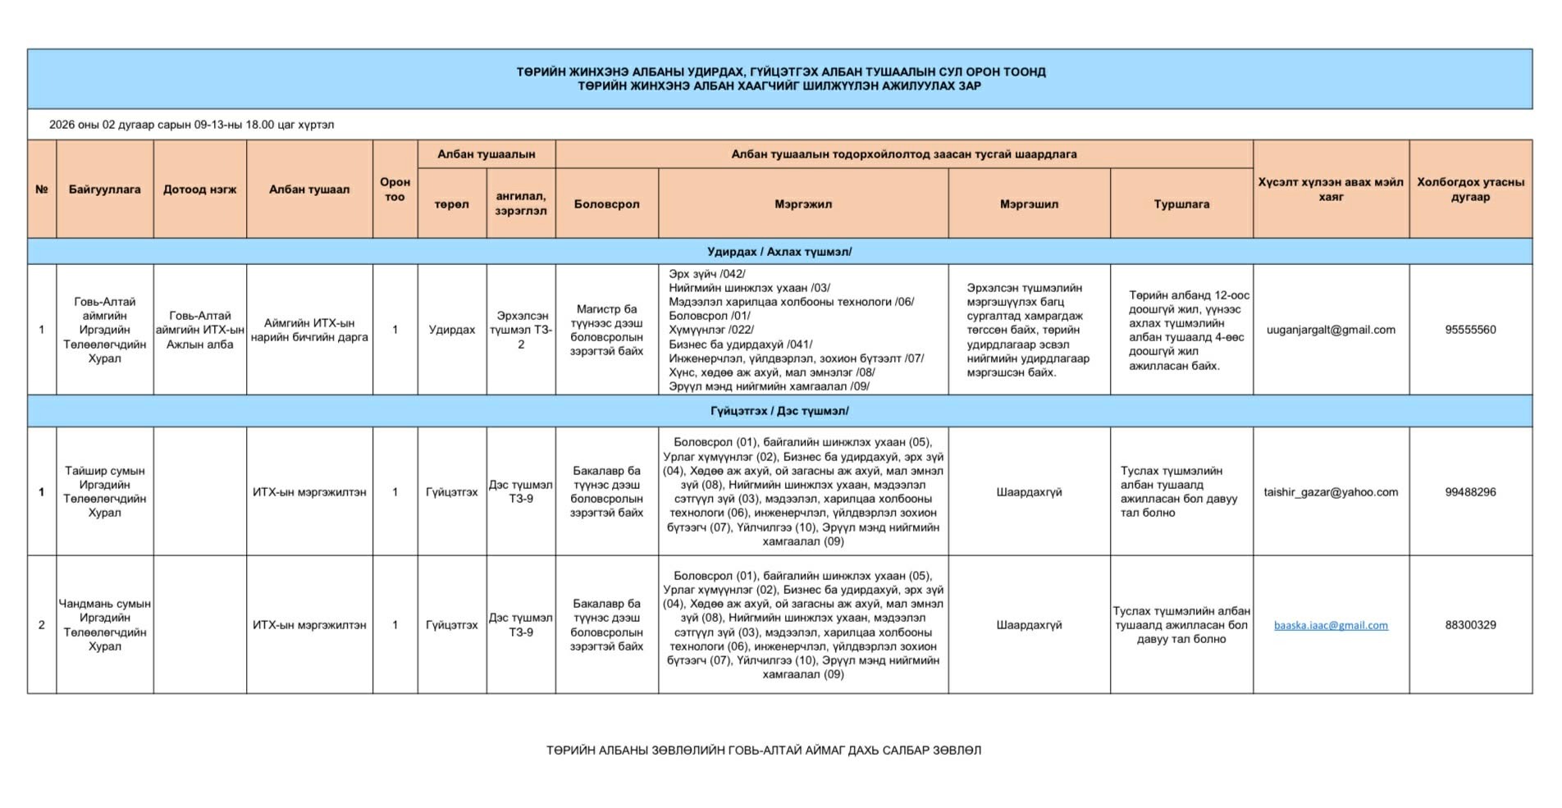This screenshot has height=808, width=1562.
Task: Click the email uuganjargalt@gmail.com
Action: point(1330,330)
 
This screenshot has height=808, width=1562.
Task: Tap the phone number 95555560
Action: point(1470,330)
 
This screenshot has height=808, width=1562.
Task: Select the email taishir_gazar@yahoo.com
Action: point(1330,492)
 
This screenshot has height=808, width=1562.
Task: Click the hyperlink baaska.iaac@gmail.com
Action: point(1330,625)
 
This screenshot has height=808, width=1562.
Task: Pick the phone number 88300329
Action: point(1470,625)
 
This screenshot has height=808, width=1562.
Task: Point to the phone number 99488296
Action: point(1470,492)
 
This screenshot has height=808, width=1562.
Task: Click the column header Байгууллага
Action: point(104,189)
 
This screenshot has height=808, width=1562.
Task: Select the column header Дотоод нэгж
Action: point(199,189)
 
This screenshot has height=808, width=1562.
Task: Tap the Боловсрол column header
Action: point(606,204)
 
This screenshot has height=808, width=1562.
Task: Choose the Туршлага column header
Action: point(1181,204)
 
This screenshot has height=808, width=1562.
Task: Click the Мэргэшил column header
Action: point(1029,204)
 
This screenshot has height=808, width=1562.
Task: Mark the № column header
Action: point(42,189)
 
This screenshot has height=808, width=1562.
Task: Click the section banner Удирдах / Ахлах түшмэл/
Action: point(779,252)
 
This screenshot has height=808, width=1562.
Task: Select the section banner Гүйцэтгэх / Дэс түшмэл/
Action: point(779,411)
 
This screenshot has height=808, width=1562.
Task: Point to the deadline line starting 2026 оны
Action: point(191,125)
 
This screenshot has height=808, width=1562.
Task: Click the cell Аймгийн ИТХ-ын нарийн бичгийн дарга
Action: point(309,330)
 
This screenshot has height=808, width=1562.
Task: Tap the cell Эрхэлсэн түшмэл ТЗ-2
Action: point(520,330)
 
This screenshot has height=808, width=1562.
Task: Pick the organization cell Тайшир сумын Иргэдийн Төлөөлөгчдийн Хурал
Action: point(104,492)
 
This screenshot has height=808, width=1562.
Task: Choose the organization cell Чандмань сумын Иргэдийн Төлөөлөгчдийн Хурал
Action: point(104,625)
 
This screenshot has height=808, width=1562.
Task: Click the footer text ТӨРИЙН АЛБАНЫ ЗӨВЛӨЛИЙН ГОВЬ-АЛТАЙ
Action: point(763,751)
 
